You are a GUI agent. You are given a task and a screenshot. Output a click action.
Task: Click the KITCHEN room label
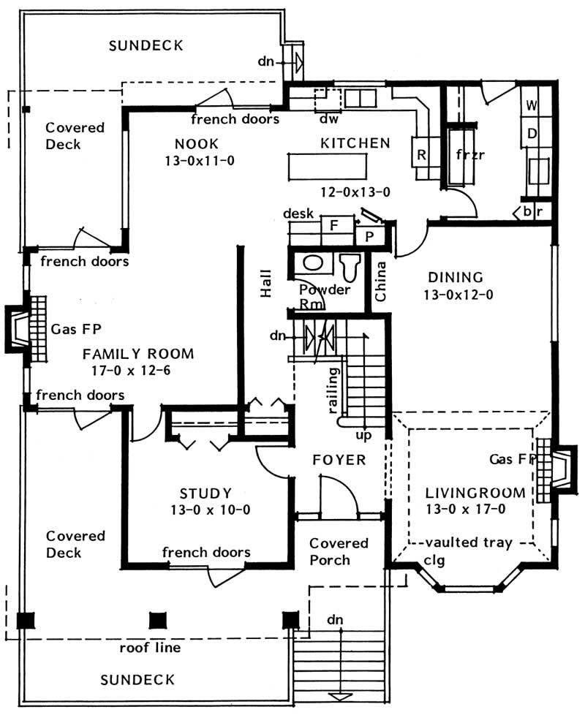[x=355, y=143]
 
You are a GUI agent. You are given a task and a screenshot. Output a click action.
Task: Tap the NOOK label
[x=197, y=143]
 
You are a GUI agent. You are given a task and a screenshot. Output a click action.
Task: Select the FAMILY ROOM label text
[x=138, y=355]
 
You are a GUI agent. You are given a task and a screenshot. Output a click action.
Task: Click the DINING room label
[x=456, y=278]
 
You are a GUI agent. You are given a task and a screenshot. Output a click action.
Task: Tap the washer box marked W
[x=532, y=105]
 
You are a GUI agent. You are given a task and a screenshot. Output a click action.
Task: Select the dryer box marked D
[x=532, y=133]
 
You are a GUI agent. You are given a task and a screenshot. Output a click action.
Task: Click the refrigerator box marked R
[x=422, y=154]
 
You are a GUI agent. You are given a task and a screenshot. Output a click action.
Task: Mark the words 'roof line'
[x=151, y=648]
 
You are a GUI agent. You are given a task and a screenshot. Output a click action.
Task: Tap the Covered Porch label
[x=339, y=552]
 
